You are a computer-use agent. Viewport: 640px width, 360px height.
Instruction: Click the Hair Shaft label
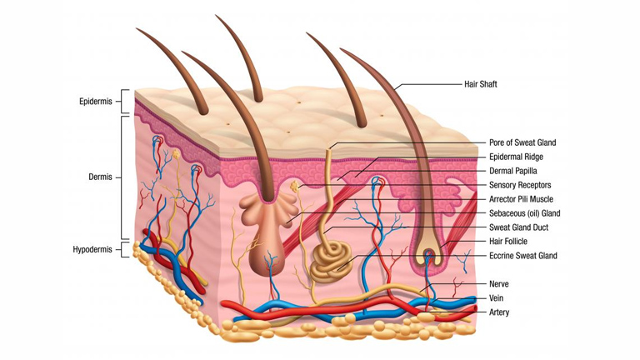(x=480, y=84)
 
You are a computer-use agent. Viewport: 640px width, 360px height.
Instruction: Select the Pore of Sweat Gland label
(x=522, y=143)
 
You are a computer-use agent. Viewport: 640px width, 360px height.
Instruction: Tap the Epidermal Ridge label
(x=517, y=157)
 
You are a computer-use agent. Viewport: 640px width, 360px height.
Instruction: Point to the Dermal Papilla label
(x=512, y=171)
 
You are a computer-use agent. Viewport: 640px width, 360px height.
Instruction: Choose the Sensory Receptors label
(x=519, y=185)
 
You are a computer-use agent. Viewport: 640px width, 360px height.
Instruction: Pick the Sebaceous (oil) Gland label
(x=524, y=213)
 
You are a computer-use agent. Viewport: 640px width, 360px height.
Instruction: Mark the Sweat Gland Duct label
(x=518, y=227)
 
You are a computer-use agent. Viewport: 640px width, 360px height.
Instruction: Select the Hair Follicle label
(x=507, y=242)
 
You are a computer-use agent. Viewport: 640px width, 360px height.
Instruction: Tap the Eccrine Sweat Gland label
(x=523, y=256)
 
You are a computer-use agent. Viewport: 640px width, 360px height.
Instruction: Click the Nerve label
(x=499, y=284)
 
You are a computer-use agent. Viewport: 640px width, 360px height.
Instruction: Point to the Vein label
(x=497, y=298)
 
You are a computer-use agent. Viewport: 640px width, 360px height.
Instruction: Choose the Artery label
(x=499, y=312)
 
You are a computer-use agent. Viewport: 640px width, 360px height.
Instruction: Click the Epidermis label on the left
(x=97, y=102)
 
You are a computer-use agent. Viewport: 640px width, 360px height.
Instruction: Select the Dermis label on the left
(x=101, y=177)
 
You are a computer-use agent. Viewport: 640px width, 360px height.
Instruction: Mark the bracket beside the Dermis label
(x=125, y=177)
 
